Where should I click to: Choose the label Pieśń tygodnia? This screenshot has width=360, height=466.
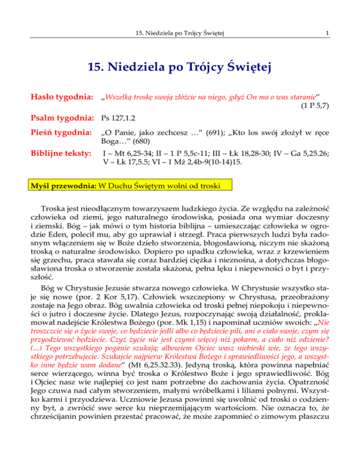coord(59,143)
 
